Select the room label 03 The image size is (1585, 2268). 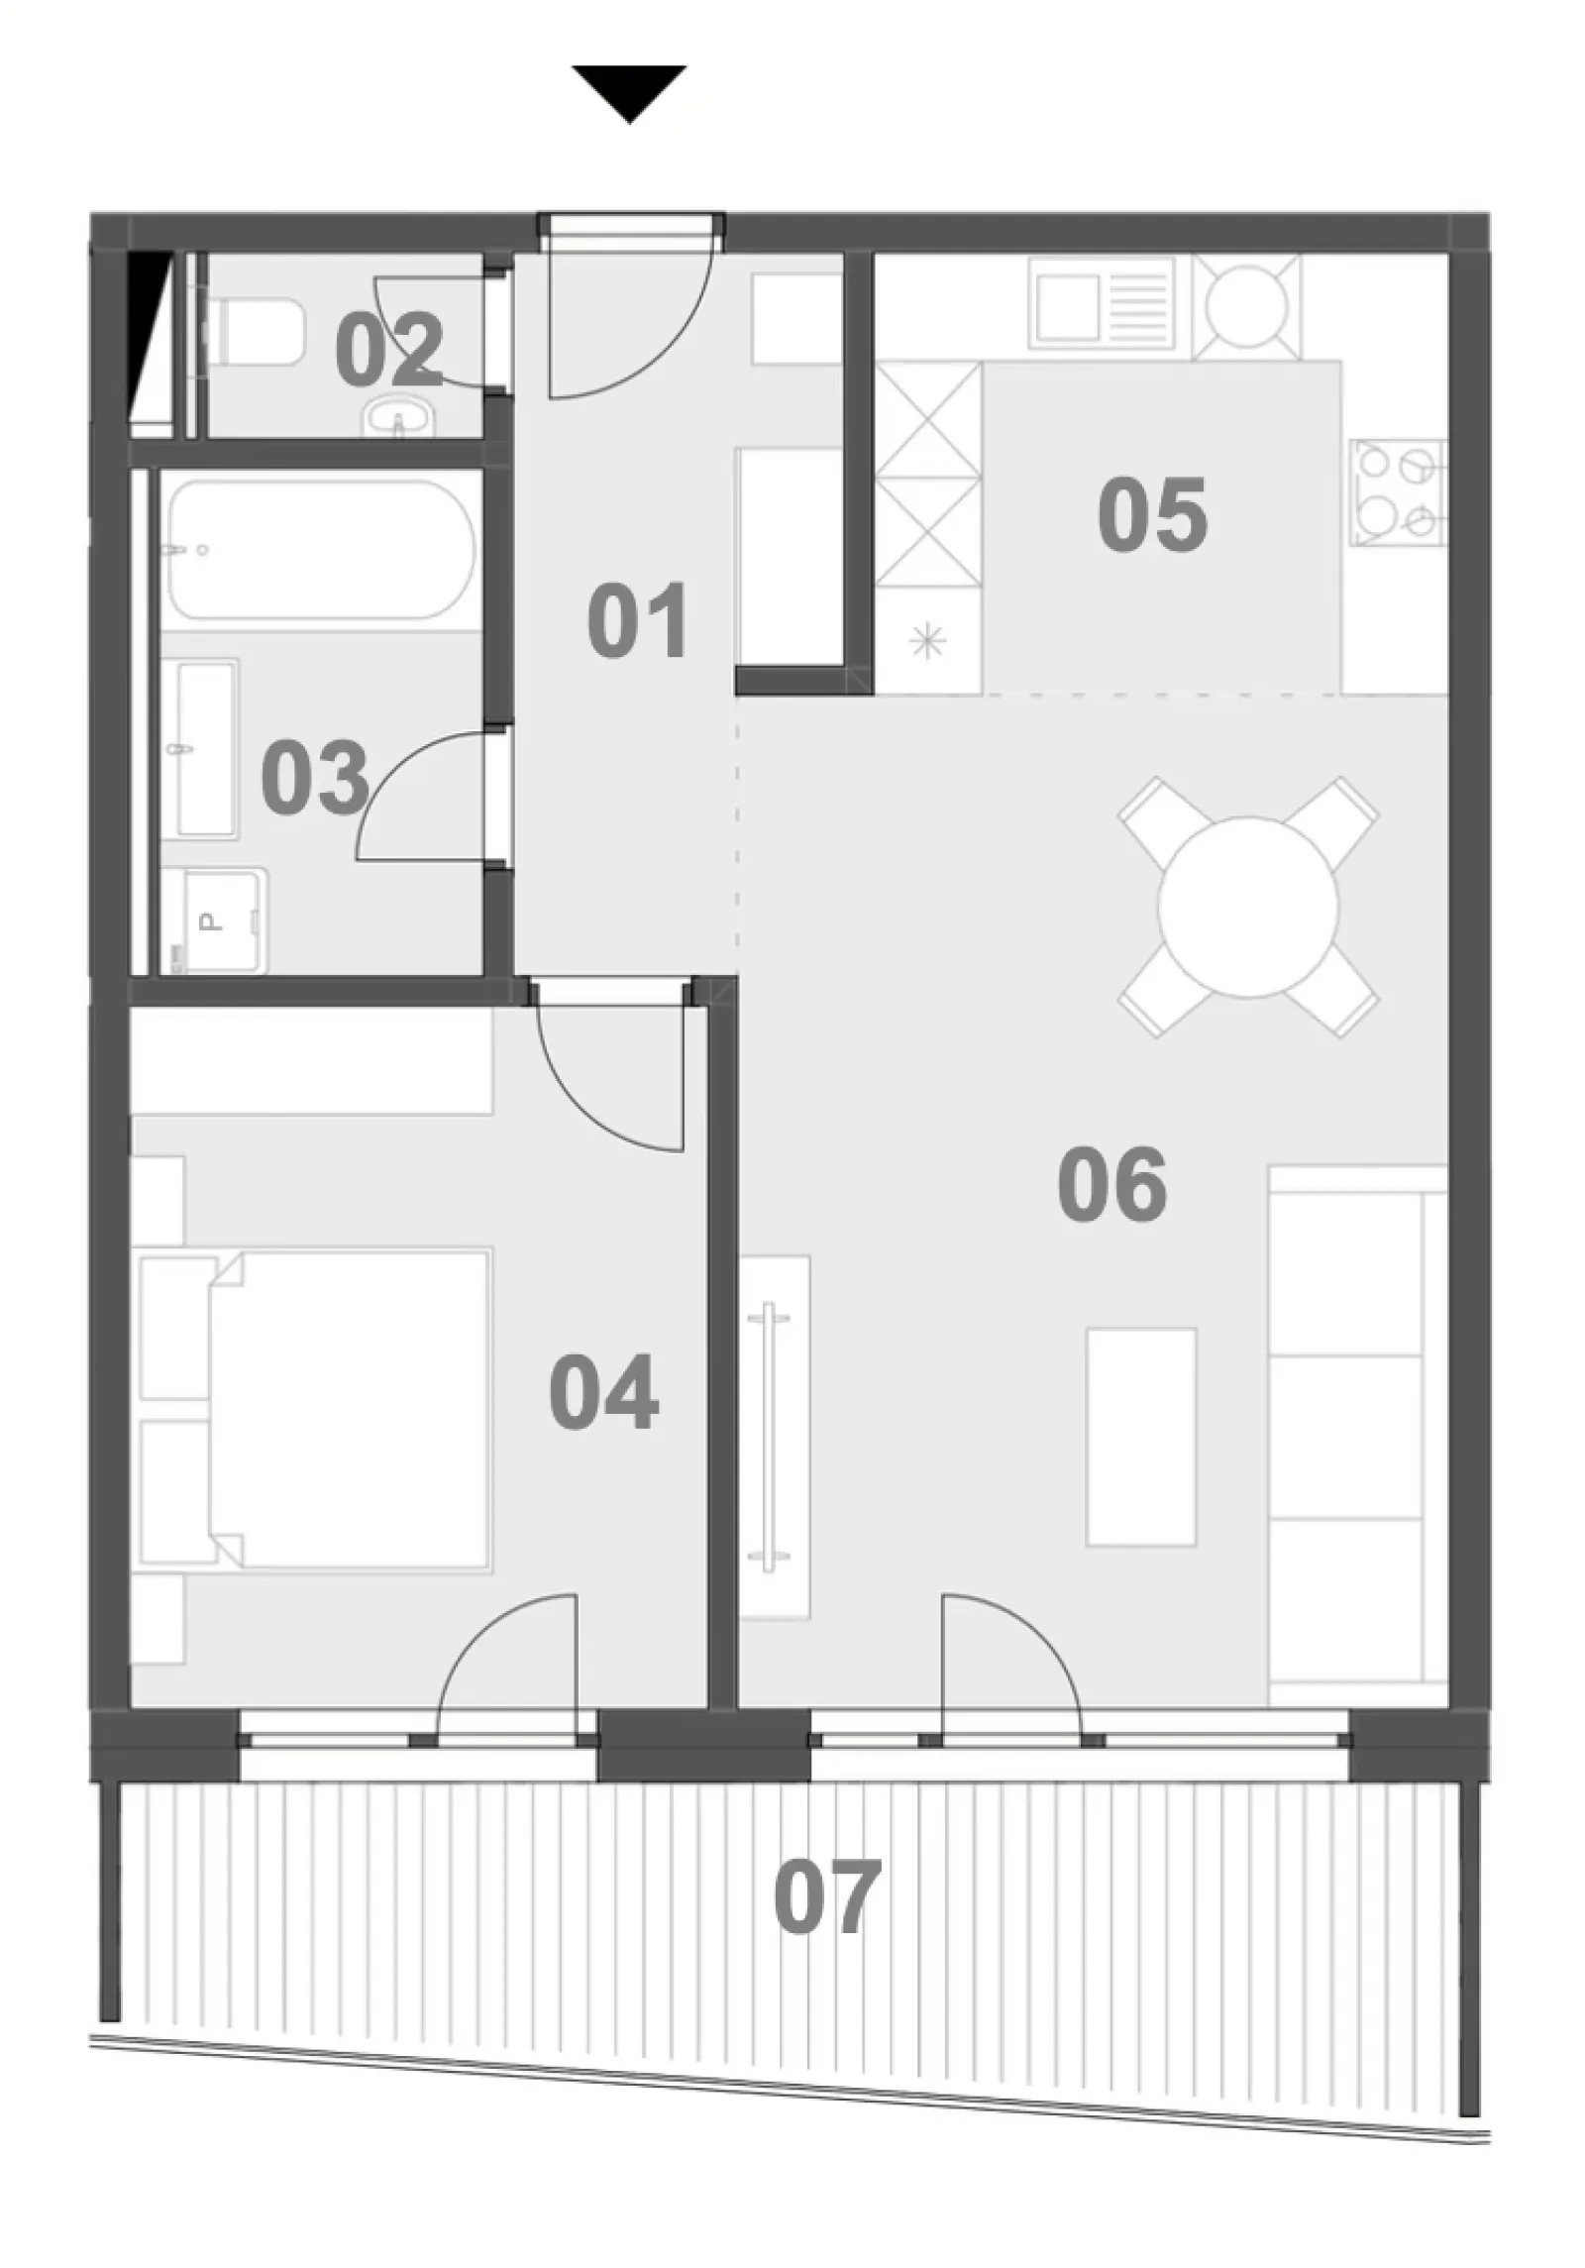[x=315, y=779]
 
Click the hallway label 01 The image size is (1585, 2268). [x=637, y=621]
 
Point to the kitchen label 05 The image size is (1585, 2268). [x=1152, y=514]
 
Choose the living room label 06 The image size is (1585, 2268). [x=1112, y=1184]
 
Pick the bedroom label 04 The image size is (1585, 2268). [x=603, y=1392]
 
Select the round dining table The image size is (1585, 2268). [x=1248, y=907]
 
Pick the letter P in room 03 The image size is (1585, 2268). [x=209, y=921]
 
